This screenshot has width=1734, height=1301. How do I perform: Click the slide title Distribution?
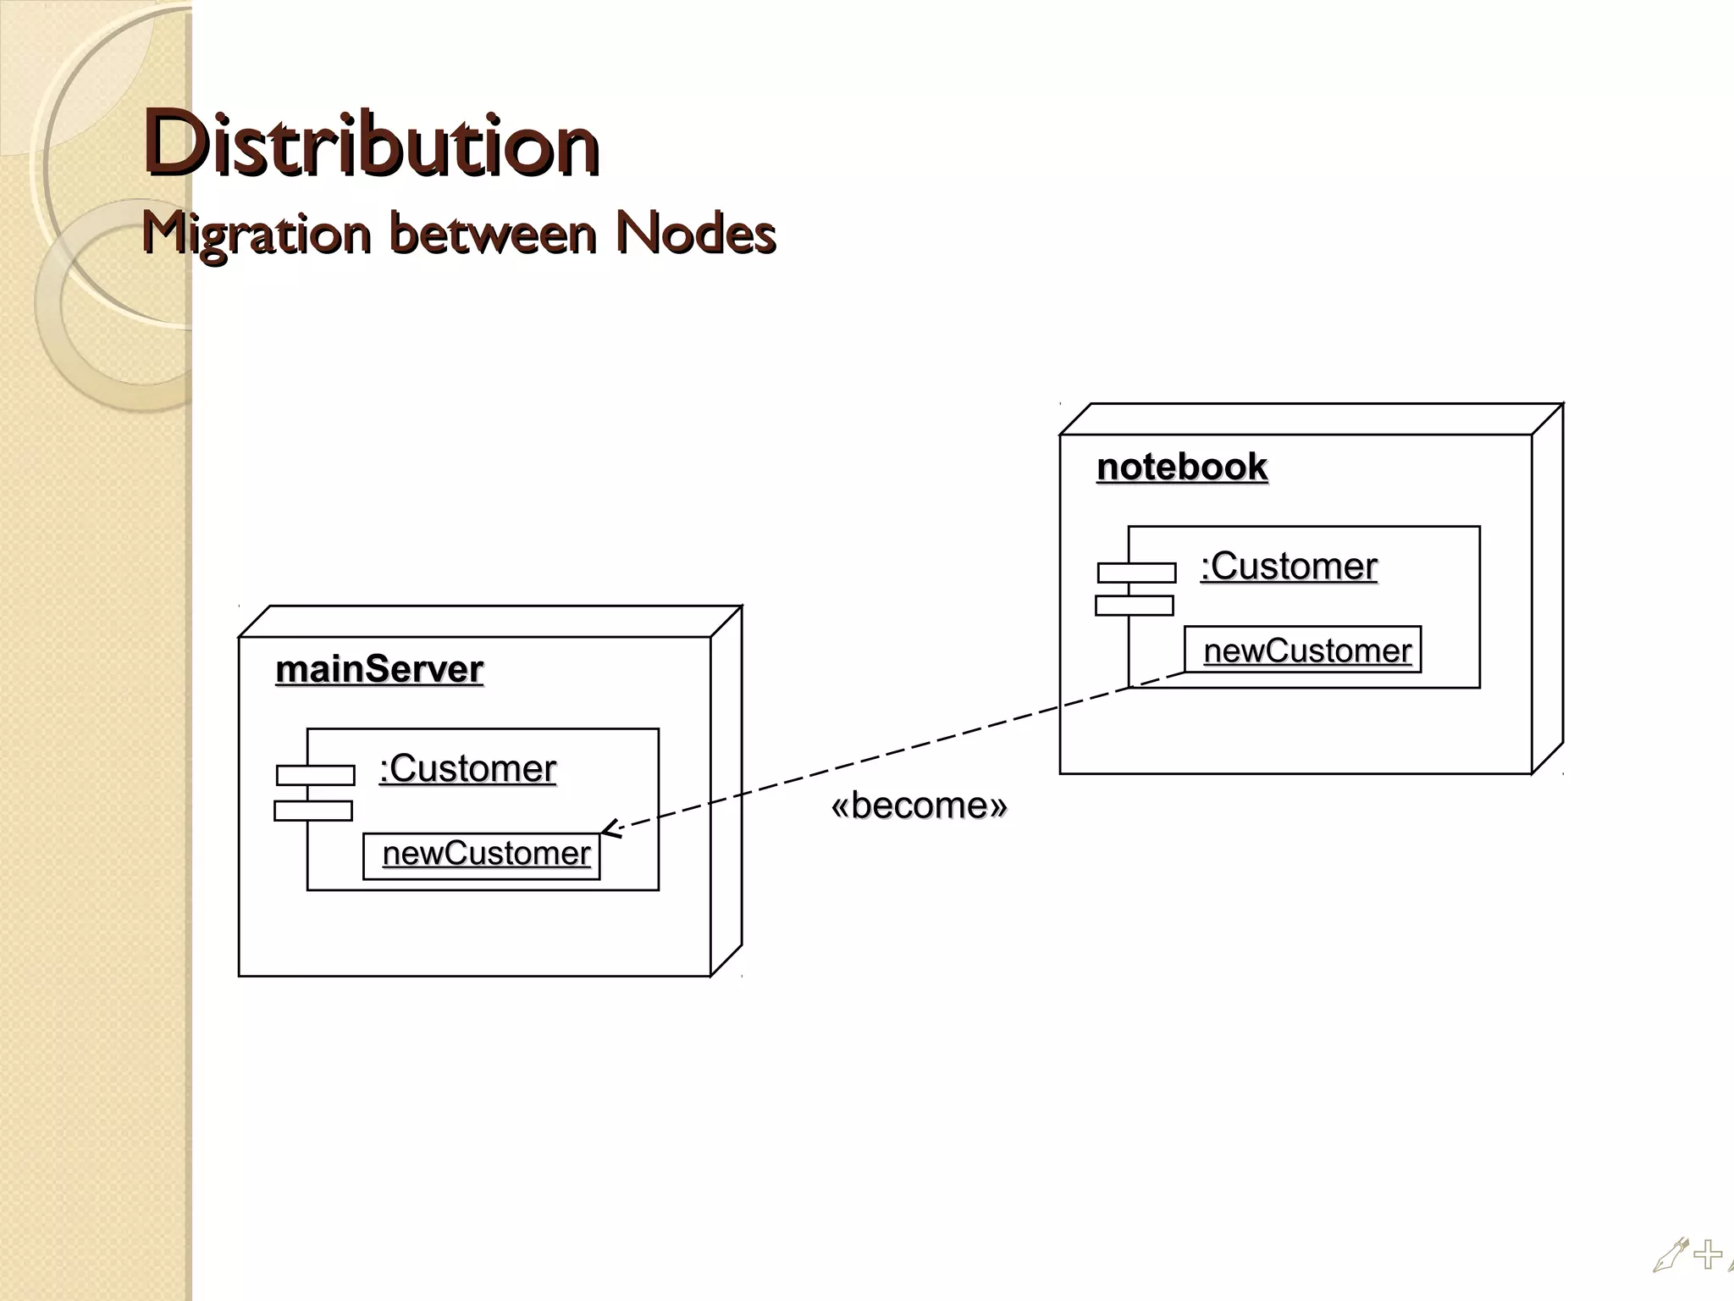click(371, 144)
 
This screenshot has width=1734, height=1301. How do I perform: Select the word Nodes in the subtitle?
click(694, 233)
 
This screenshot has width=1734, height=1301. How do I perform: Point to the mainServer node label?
click(379, 669)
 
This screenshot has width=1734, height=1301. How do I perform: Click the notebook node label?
click(1182, 467)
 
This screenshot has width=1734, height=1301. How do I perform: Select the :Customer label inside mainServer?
click(467, 768)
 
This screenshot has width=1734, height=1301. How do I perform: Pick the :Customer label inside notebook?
click(1289, 566)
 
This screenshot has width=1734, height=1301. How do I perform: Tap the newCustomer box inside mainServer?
click(482, 856)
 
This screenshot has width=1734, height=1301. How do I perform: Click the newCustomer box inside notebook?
click(1302, 650)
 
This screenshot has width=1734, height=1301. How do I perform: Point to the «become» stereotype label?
click(919, 806)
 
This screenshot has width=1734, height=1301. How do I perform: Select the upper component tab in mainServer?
click(315, 775)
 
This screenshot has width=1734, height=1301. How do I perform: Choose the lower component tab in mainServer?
click(313, 811)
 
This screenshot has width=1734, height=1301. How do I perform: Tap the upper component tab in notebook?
click(1136, 573)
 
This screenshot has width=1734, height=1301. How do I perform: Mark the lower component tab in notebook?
click(1134, 606)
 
